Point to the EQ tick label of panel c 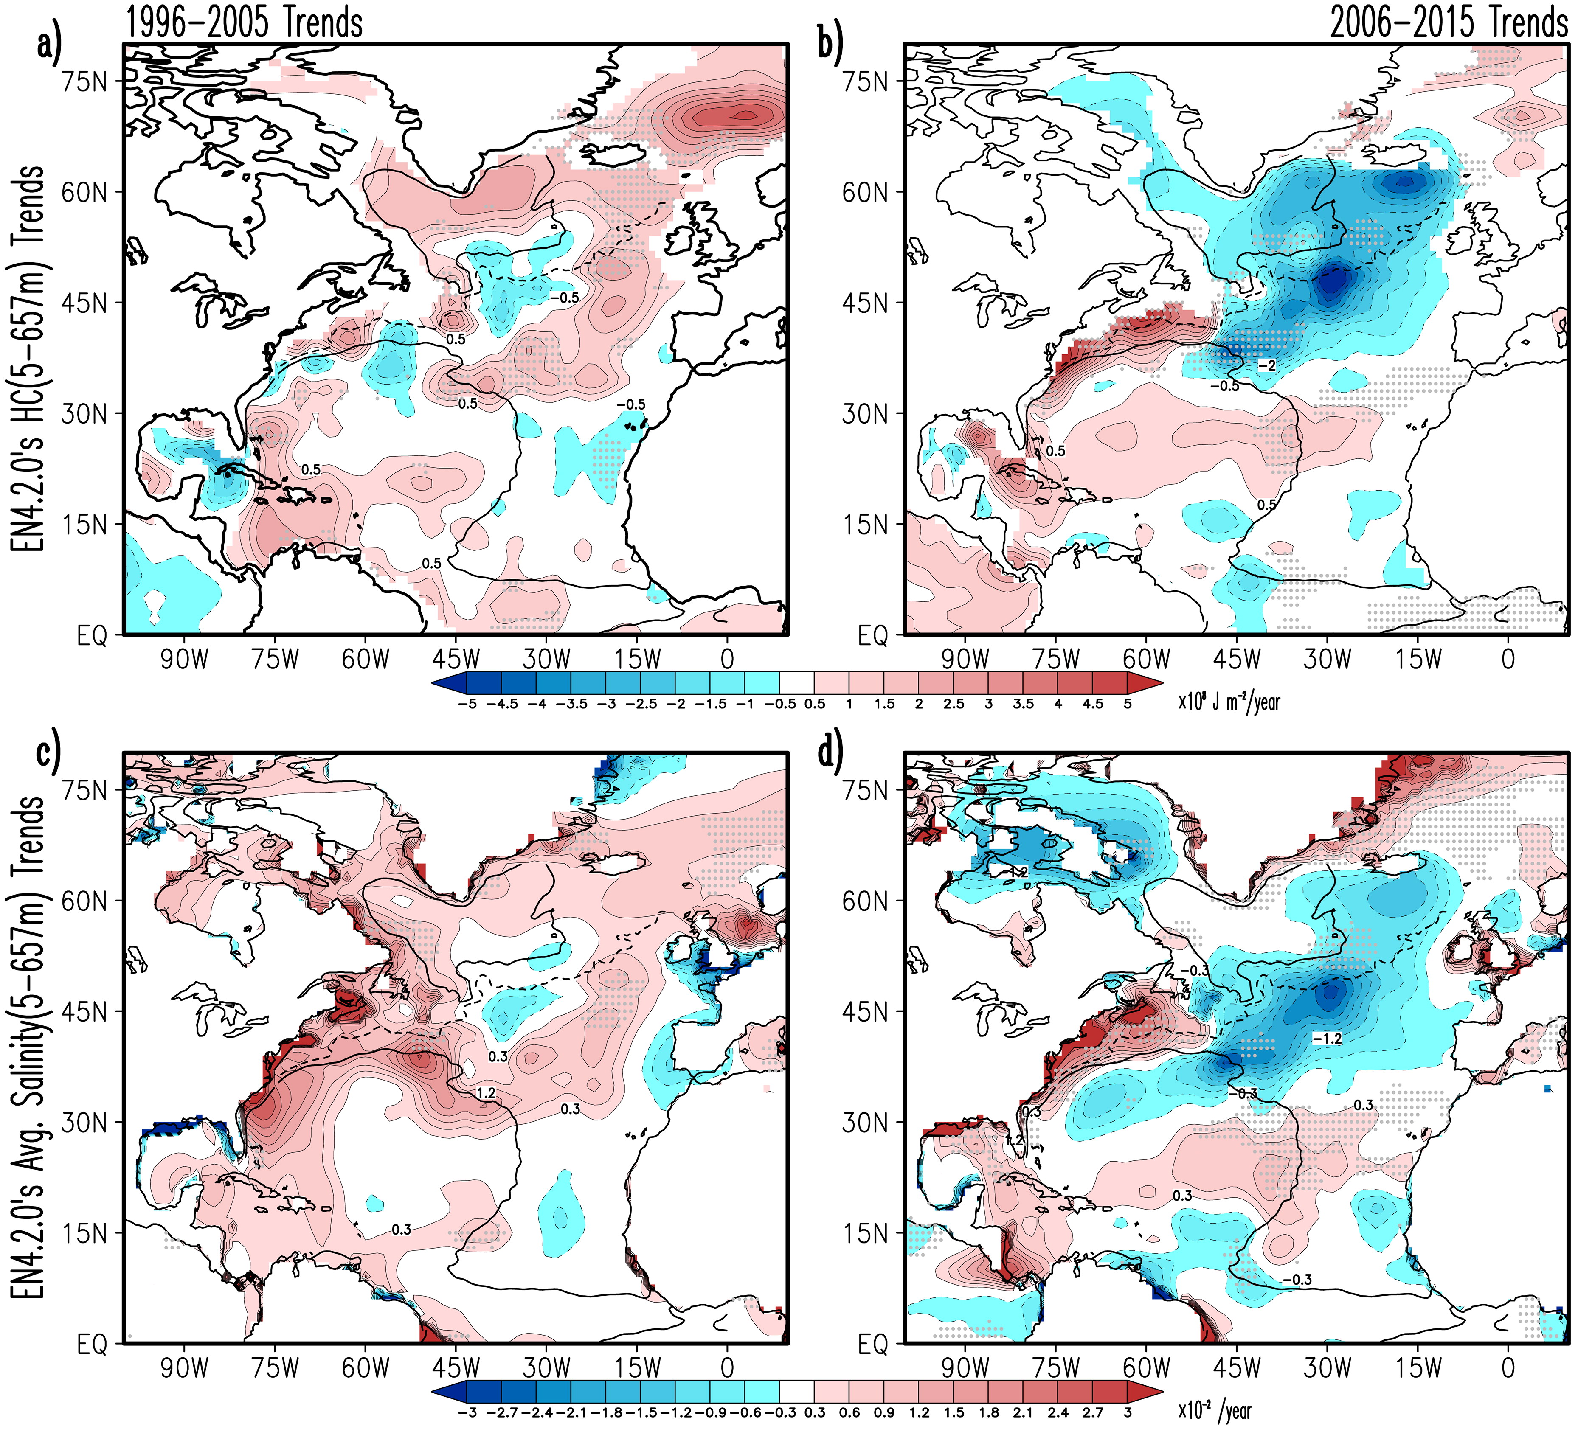[93, 1345]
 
